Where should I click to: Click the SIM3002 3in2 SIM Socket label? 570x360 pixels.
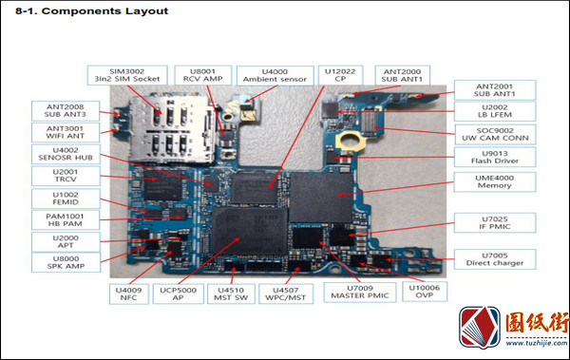(127, 75)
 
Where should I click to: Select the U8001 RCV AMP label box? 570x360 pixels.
(203, 75)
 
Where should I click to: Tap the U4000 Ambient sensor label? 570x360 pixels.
(275, 76)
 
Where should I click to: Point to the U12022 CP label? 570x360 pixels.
(340, 75)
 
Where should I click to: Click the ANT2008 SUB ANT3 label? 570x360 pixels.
(66, 111)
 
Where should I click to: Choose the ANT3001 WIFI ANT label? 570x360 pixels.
(66, 132)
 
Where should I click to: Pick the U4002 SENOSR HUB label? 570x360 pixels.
(66, 154)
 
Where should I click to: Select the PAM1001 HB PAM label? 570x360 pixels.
(66, 220)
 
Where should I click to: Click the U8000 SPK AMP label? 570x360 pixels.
(66, 262)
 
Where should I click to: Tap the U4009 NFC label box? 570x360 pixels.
(129, 294)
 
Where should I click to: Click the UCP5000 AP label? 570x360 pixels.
(179, 294)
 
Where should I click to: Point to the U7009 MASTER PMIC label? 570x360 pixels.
(360, 293)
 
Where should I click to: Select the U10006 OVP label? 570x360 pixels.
(425, 292)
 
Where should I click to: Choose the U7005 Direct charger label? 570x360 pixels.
(495, 259)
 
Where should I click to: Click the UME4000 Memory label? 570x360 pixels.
(495, 181)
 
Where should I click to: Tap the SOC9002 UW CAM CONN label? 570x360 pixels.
(495, 135)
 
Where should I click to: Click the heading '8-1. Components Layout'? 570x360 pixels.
(91, 10)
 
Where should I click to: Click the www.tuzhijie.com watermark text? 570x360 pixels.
(537, 343)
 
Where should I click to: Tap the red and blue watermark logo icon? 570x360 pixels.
(480, 328)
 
